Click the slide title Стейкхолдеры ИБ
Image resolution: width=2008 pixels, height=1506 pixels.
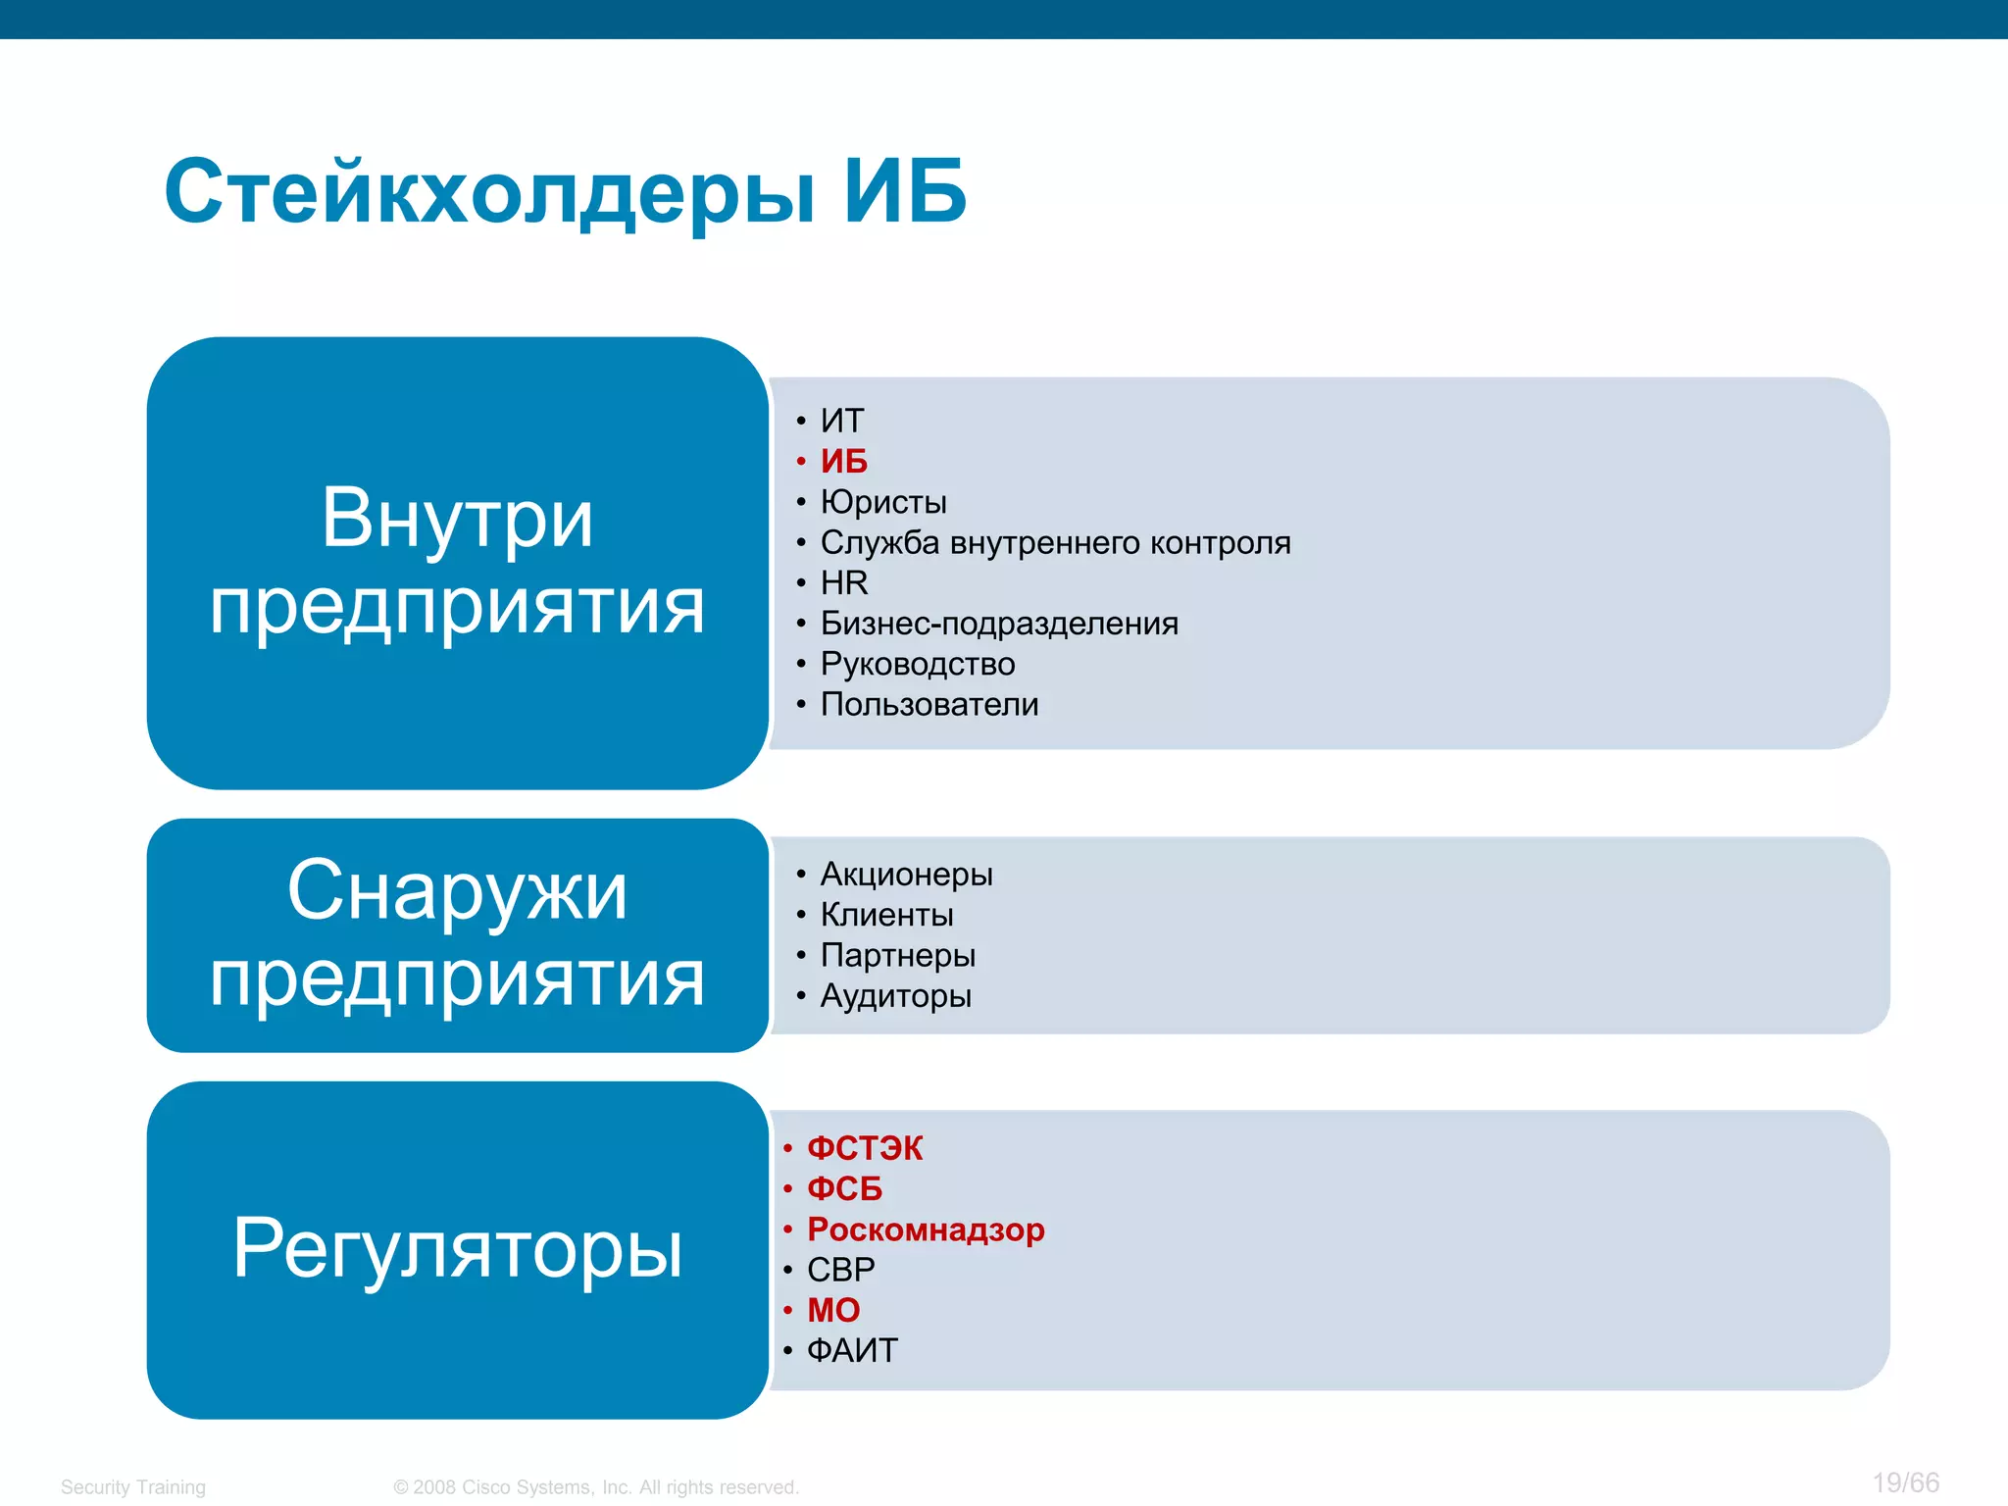pyautogui.click(x=566, y=192)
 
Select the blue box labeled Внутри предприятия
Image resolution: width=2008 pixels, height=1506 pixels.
pyautogui.click(x=457, y=563)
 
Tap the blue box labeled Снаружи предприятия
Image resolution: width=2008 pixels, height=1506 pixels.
pyautogui.click(x=457, y=934)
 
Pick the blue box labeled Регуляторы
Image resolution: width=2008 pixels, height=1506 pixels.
pyautogui.click(x=457, y=1249)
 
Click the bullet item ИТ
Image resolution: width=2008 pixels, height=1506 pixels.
pyautogui.click(x=842, y=421)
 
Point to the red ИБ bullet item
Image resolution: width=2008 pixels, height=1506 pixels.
pyautogui.click(x=844, y=461)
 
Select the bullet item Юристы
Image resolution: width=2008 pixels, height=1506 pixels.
pyautogui.click(x=883, y=502)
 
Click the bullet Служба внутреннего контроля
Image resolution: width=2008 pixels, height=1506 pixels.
pyautogui.click(x=1055, y=542)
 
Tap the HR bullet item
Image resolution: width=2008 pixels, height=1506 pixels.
pyautogui.click(x=844, y=582)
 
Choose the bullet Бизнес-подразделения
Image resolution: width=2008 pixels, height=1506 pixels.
pyautogui.click(x=999, y=624)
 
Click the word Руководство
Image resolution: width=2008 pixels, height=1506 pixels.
pyautogui.click(x=918, y=664)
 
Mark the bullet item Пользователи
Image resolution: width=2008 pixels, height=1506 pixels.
pyautogui.click(x=929, y=704)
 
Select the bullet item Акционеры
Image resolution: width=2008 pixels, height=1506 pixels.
pyautogui.click(x=906, y=874)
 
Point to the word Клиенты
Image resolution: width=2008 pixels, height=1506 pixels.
pyautogui.click(x=886, y=915)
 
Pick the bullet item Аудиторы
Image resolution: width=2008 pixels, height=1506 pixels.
pyautogui.click(x=895, y=996)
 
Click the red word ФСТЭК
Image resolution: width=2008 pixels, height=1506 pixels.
pyautogui.click(x=865, y=1148)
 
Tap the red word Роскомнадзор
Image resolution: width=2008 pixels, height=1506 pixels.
pyautogui.click(x=926, y=1230)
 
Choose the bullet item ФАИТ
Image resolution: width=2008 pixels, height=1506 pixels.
pyautogui.click(x=852, y=1351)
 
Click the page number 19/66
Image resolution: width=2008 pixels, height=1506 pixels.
pyautogui.click(x=1905, y=1482)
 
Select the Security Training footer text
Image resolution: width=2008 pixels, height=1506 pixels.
pyautogui.click(x=133, y=1487)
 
